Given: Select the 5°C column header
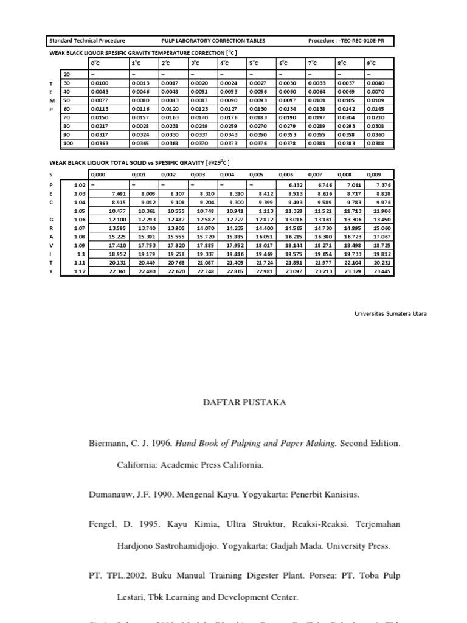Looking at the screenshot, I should (x=254, y=63).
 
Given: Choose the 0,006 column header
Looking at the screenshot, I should (x=285, y=174).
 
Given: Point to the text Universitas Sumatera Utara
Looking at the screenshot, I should (x=390, y=313).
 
